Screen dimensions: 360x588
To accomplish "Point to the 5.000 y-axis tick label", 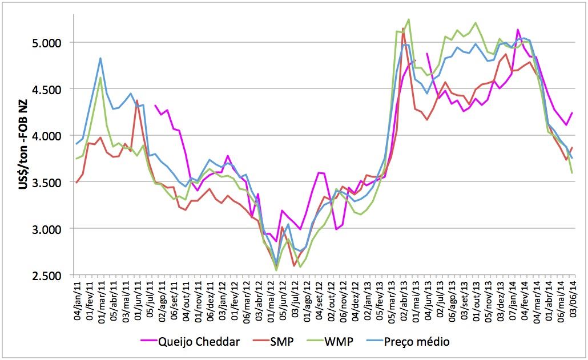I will click(x=52, y=43).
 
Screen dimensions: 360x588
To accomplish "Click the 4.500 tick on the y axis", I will click(x=52, y=89).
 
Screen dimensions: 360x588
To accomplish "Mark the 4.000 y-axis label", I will click(x=52, y=136).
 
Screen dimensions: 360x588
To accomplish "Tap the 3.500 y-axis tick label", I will click(x=52, y=183).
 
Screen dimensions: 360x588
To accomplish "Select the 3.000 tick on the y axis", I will click(x=52, y=229).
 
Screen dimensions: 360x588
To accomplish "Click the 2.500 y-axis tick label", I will click(x=52, y=276).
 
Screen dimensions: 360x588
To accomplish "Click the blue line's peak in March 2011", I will click(x=100, y=58).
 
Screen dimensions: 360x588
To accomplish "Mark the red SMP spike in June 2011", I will click(x=137, y=100).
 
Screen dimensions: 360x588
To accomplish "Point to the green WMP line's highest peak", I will click(x=409, y=19).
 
